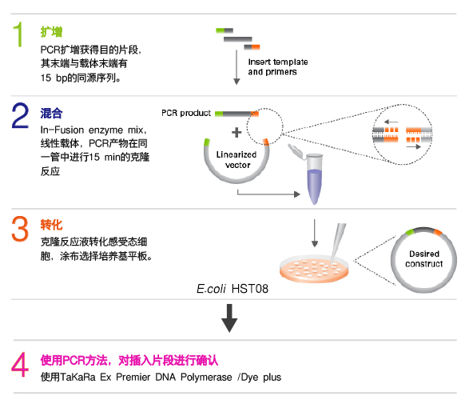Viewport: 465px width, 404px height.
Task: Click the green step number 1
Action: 18,34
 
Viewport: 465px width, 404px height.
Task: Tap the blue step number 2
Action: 20,115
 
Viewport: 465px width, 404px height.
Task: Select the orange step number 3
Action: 20,229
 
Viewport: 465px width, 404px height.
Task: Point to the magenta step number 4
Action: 20,364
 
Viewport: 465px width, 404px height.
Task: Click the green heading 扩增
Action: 51,32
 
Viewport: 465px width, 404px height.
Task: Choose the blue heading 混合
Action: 51,113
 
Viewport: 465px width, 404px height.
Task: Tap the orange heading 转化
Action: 51,225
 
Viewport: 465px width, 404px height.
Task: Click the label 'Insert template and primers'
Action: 278,66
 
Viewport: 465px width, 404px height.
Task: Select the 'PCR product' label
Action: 186,113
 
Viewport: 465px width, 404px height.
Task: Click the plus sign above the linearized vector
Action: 236,132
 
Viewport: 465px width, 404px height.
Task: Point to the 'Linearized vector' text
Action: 236,160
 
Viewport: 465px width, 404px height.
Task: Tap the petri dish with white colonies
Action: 314,269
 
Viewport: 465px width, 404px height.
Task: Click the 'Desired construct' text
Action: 423,259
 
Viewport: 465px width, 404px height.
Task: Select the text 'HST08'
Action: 250,289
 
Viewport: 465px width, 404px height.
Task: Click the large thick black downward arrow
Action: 229,318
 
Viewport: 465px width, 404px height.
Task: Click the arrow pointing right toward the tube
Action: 268,194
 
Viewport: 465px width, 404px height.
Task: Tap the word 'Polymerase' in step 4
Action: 206,378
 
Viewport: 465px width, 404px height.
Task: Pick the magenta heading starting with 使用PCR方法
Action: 129,360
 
